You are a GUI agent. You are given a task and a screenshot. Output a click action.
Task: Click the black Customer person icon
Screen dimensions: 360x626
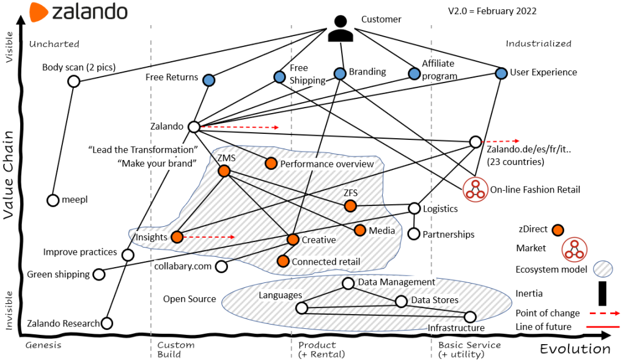coord(341,28)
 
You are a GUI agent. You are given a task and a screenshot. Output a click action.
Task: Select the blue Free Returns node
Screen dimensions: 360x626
coord(208,80)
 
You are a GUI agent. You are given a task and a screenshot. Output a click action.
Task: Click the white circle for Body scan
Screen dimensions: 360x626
coord(73,81)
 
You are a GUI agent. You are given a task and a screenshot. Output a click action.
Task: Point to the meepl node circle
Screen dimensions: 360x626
coord(53,200)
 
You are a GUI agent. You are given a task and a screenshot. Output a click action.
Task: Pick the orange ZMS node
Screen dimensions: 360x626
coord(224,171)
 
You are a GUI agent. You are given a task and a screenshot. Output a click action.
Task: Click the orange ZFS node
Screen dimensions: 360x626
coord(350,207)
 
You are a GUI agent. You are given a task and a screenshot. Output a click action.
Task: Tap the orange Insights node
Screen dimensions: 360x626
coord(177,237)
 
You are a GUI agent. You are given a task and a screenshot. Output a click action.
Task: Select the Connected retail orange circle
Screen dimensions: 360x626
coord(282,261)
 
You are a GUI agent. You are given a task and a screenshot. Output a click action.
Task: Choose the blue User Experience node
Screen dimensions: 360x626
coord(501,73)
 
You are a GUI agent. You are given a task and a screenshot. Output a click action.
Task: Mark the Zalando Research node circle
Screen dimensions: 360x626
coord(107,323)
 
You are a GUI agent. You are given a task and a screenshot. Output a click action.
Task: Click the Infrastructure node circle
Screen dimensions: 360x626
coord(470,317)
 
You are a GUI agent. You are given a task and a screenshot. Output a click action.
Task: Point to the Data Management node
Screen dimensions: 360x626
coord(348,283)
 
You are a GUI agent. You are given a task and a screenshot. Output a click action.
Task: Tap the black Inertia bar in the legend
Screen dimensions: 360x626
coord(602,293)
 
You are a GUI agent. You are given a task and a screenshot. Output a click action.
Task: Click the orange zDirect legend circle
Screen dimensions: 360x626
coord(558,230)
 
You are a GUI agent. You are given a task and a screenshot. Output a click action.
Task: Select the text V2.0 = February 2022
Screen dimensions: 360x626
coord(492,11)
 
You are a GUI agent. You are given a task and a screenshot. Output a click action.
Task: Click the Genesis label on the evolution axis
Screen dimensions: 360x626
coord(43,345)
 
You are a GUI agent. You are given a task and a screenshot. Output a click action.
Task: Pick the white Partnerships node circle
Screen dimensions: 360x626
coord(414,234)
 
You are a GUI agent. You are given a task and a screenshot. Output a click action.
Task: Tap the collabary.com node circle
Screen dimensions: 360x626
coord(221,266)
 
